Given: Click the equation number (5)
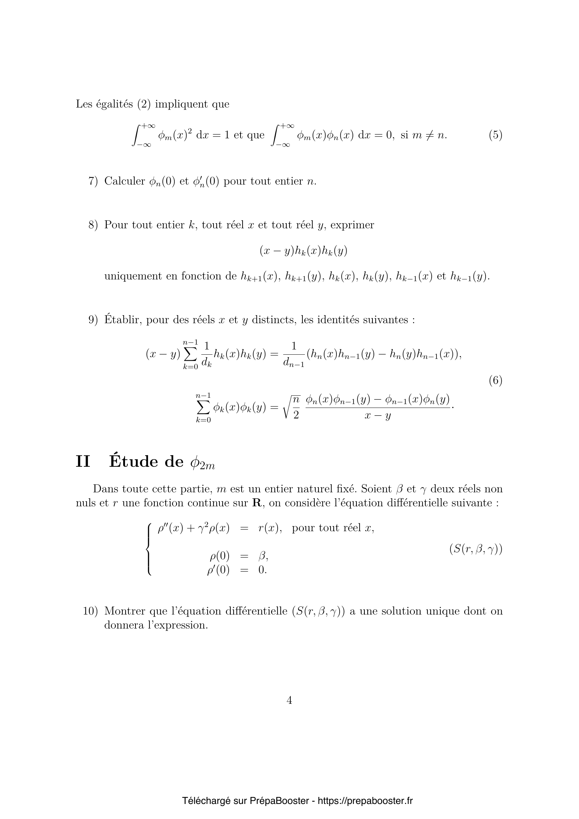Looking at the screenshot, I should [x=495, y=135].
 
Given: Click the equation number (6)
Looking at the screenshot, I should [x=495, y=381].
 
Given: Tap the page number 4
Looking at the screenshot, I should [x=289, y=700].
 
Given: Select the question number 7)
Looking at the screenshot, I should [x=93, y=181].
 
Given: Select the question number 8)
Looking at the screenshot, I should [x=93, y=225].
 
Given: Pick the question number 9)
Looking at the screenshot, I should [x=93, y=320].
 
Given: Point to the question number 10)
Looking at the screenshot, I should [x=90, y=611].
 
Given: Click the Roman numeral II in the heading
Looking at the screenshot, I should [x=83, y=461].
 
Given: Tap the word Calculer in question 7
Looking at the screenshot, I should [x=124, y=181].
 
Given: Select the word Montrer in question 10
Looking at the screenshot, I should [x=124, y=611].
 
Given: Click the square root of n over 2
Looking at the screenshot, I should [x=292, y=407].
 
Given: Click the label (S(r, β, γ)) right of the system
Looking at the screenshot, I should [x=476, y=549].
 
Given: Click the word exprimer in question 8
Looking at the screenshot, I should [x=352, y=225].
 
